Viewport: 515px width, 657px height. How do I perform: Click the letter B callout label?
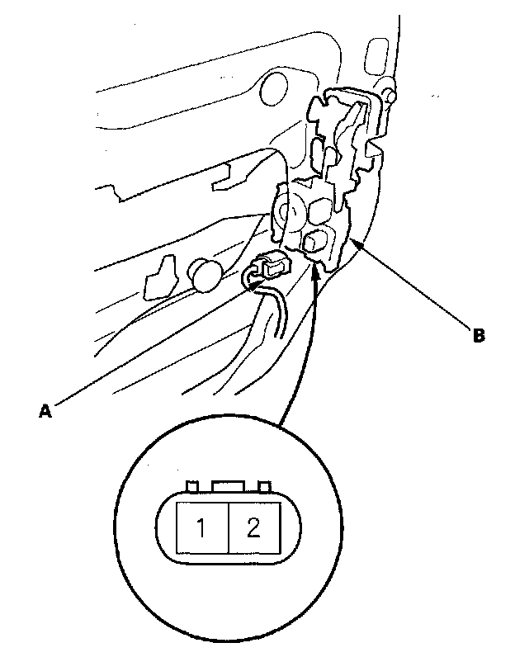coord(478,336)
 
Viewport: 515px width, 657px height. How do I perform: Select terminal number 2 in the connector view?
coord(254,527)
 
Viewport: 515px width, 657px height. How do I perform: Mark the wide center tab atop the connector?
coord(229,487)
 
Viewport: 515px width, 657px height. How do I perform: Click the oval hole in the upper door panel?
coord(274,87)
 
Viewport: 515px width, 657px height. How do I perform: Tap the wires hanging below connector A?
coord(276,310)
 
